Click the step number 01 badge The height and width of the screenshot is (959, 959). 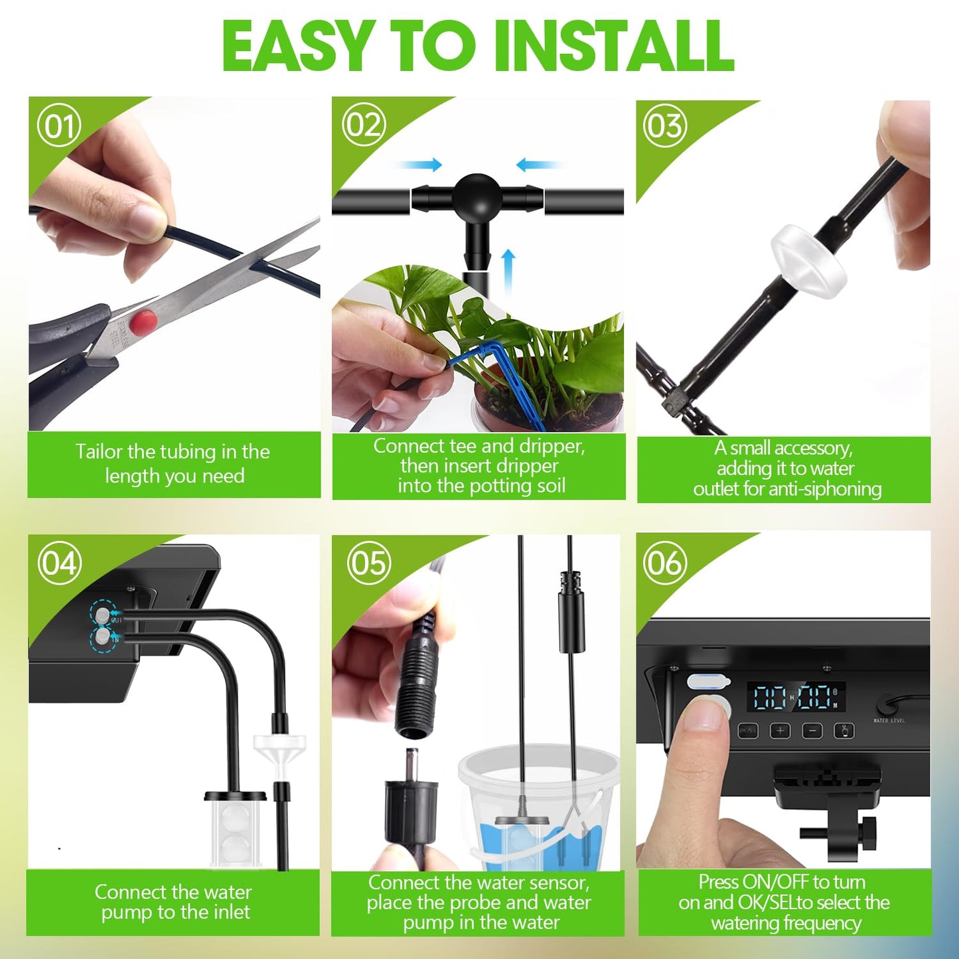[x=59, y=125]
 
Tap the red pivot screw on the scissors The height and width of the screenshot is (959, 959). [x=143, y=323]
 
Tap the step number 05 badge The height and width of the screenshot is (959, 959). [x=368, y=563]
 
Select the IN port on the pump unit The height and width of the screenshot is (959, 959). [x=102, y=637]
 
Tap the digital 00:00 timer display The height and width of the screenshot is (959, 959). [x=796, y=698]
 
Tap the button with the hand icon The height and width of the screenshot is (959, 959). [x=844, y=731]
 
